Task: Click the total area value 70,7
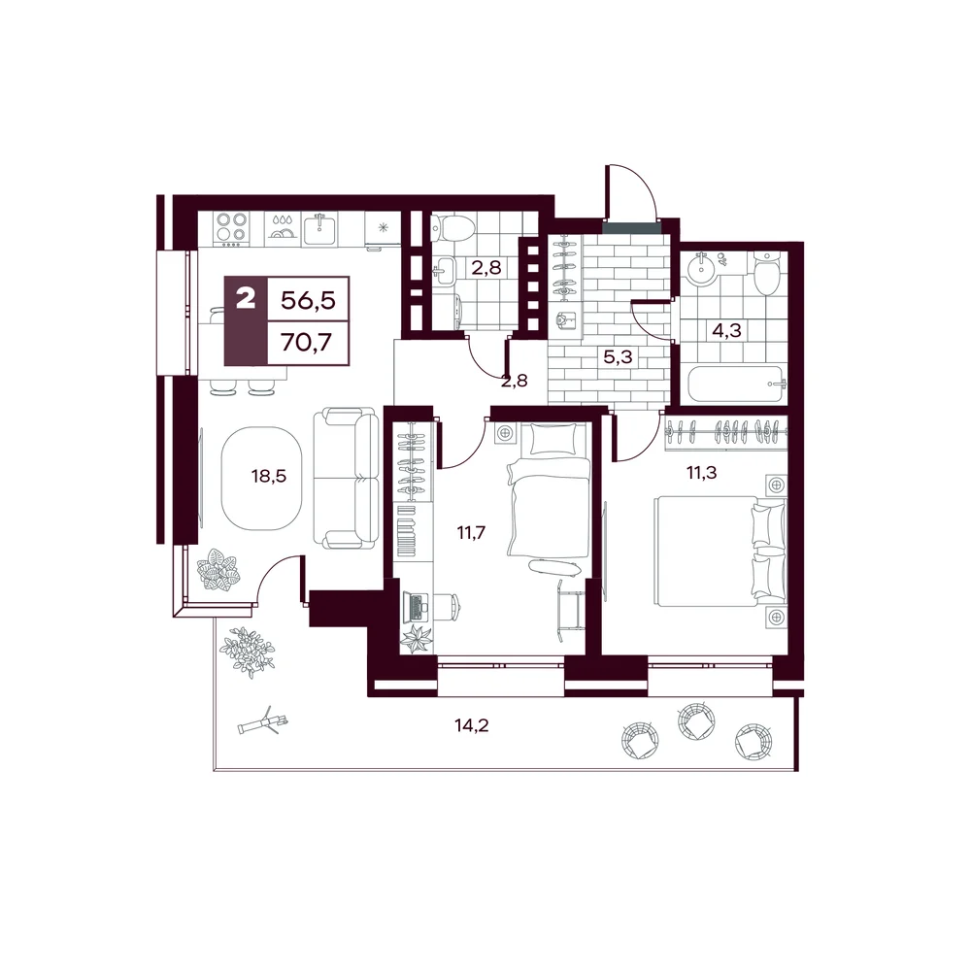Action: tap(307, 341)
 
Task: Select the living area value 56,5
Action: tap(308, 300)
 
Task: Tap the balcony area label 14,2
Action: tap(472, 725)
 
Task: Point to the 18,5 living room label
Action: tap(269, 476)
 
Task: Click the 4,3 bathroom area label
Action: tap(726, 330)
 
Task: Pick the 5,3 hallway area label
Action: tap(618, 356)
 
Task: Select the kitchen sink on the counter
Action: tap(319, 228)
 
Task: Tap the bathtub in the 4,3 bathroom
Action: tap(734, 384)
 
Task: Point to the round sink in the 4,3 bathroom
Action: tap(702, 264)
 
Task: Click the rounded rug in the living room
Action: tap(261, 478)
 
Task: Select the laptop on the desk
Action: tap(416, 608)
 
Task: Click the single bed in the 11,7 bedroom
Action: tap(549, 490)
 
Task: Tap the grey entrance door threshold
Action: tap(632, 228)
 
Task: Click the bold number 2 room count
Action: tap(246, 300)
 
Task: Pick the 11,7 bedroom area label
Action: tap(471, 532)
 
